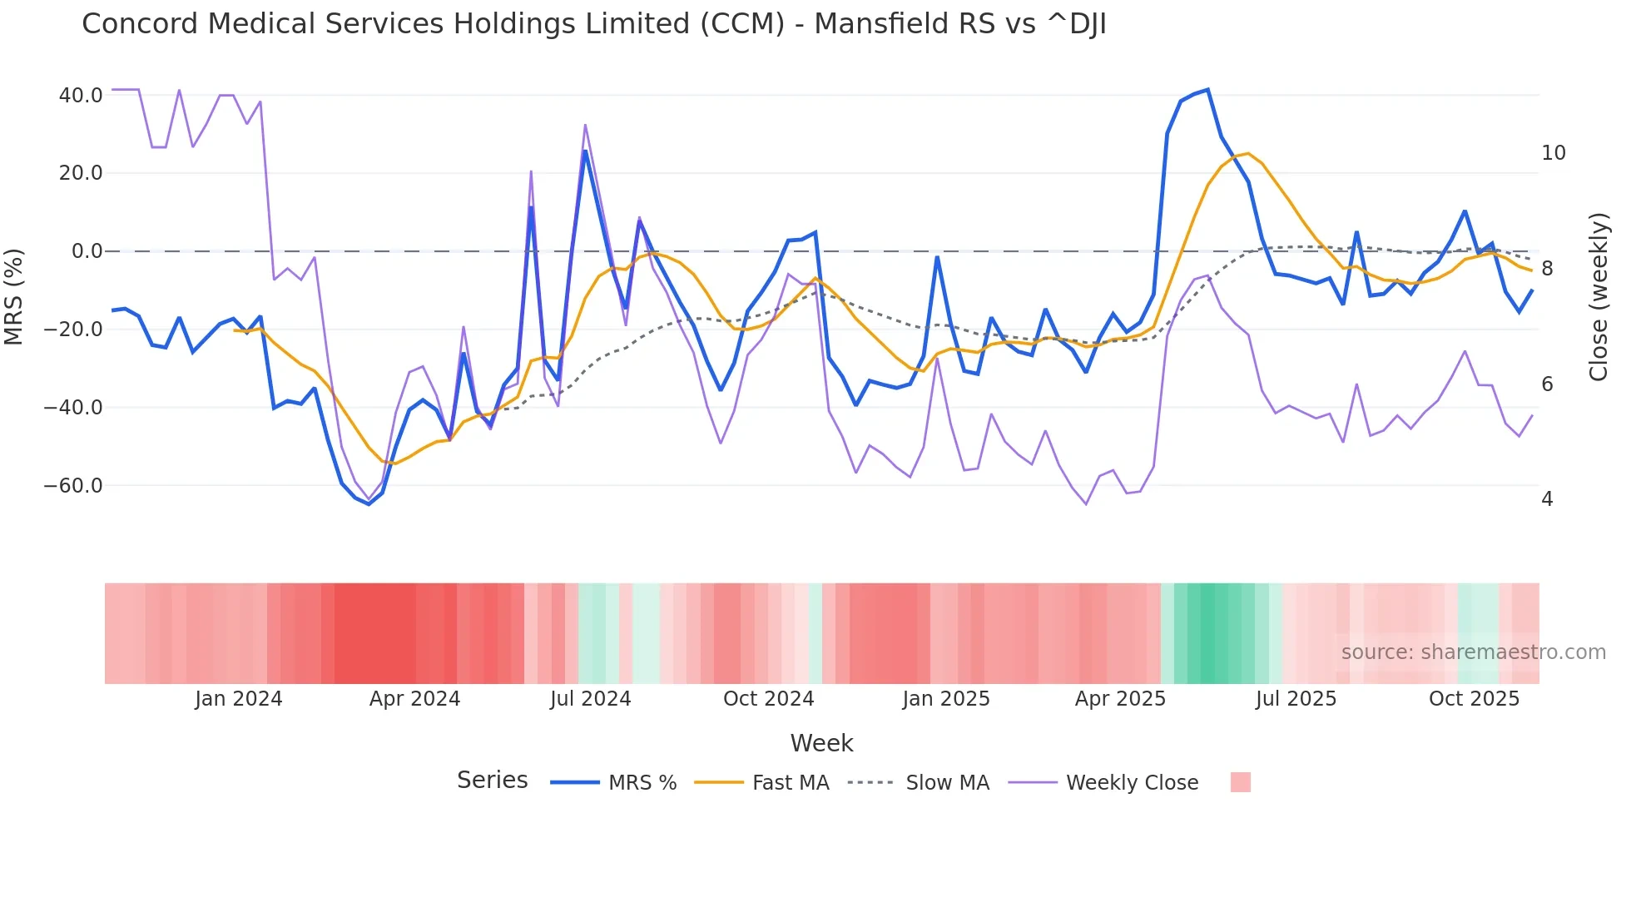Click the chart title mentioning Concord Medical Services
(593, 24)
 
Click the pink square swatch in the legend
(1240, 782)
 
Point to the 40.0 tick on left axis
(81, 96)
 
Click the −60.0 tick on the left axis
(73, 485)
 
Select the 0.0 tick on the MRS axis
(87, 251)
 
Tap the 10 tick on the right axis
(1553, 153)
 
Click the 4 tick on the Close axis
(1547, 499)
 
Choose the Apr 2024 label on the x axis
(414, 699)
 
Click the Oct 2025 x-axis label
(1474, 699)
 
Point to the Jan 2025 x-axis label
(946, 699)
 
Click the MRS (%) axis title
(14, 296)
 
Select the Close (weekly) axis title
(1598, 297)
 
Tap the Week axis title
(821, 743)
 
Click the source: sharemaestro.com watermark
(1473, 652)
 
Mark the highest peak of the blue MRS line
(1207, 90)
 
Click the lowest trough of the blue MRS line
(369, 504)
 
